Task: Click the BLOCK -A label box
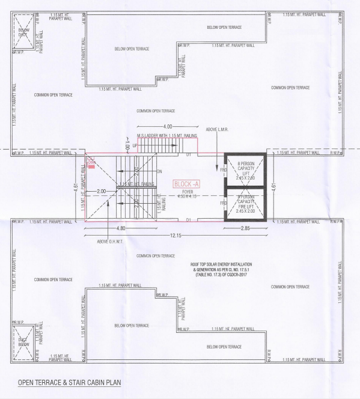[x=186, y=184]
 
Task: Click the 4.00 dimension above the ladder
[x=168, y=127]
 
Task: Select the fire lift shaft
[x=247, y=204]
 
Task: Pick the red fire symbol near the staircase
[x=91, y=163]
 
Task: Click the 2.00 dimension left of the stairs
[x=102, y=190]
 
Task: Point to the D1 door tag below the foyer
[x=188, y=221]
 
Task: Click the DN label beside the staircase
[x=160, y=171]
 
